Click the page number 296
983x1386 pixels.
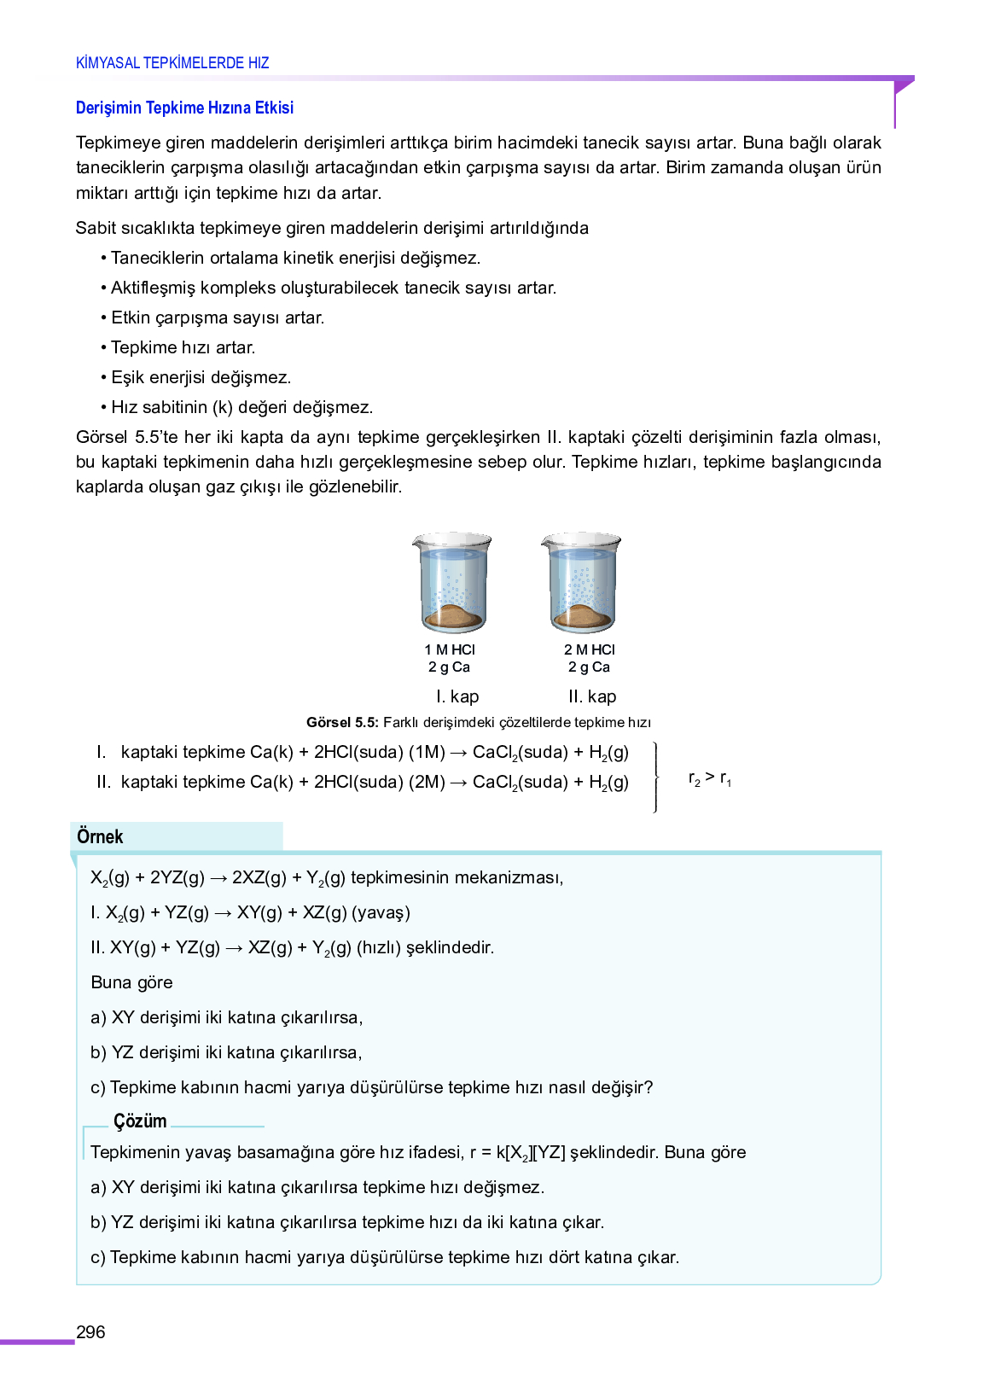click(90, 1331)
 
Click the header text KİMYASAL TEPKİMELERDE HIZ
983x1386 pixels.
click(172, 63)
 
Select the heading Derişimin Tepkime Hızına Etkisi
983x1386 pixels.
click(184, 108)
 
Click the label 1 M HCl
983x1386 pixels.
click(450, 649)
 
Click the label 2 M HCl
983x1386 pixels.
click(589, 649)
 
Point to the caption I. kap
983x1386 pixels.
click(457, 696)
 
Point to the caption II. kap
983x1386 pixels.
click(592, 696)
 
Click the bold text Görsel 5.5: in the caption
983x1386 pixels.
click(342, 723)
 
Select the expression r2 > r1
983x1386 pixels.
click(709, 777)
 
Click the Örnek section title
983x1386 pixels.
click(100, 836)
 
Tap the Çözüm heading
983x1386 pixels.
click(140, 1121)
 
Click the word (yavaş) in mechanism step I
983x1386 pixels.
click(381, 912)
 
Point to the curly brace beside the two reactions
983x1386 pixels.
click(655, 777)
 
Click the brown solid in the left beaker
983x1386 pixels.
click(453, 615)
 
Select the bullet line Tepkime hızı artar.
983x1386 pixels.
click(183, 347)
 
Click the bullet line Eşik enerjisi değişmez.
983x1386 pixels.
click(201, 377)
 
